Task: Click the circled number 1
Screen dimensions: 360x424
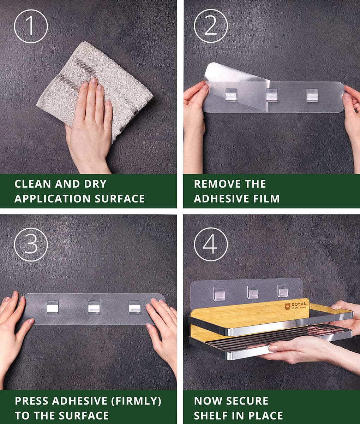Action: pos(31,26)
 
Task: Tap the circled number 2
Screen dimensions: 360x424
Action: pos(211,26)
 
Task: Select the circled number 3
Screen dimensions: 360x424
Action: pos(31,245)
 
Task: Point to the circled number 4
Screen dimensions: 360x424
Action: pos(211,244)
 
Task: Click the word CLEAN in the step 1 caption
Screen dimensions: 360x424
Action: pos(33,184)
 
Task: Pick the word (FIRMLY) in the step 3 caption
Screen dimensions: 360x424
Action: pos(136,401)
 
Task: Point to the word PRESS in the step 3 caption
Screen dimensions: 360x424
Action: pos(31,401)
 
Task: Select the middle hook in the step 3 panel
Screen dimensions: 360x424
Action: pos(94,307)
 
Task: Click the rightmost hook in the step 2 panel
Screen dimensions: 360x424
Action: pos(312,95)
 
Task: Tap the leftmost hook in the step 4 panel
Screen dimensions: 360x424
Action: pos(219,294)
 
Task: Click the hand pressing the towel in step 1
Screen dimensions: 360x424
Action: pos(89,125)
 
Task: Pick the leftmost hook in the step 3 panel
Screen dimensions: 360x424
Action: pos(53,307)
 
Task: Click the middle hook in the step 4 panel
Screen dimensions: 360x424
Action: pos(253,292)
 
